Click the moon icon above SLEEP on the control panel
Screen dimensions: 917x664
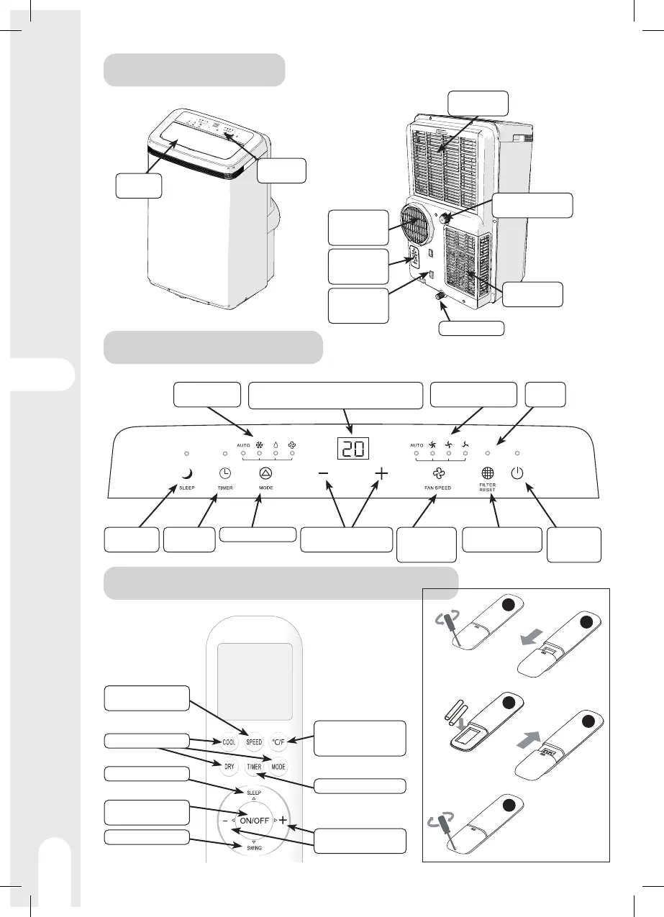tap(186, 473)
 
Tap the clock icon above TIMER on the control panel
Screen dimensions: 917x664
tap(224, 473)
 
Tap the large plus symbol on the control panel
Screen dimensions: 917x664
tap(381, 475)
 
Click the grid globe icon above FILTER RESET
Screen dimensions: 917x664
tap(488, 474)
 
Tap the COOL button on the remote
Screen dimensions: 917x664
tap(229, 742)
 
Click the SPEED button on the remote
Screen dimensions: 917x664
tap(253, 742)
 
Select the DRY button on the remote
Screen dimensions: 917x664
tap(229, 767)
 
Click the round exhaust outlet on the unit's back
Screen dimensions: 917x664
tap(418, 227)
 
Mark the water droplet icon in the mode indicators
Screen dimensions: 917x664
tap(276, 444)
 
